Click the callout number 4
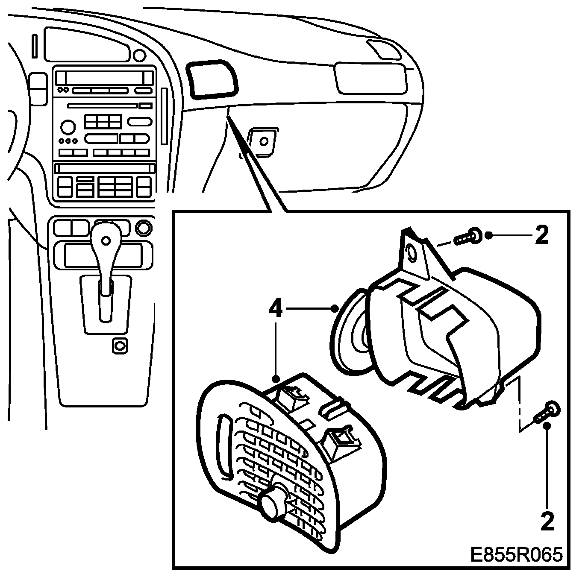point(276,308)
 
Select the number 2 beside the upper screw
point(541,235)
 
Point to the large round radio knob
point(67,127)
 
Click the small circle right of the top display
point(139,55)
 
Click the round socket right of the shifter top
point(144,228)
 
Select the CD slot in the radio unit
point(103,105)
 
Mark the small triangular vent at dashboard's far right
point(383,48)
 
